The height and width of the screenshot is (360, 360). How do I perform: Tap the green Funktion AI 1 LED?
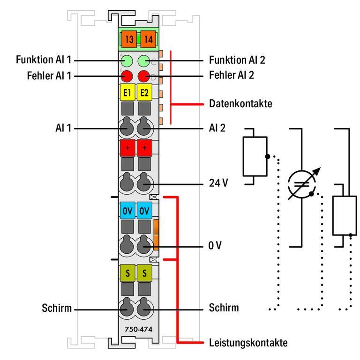[128, 60]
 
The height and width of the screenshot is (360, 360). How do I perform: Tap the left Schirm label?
[56, 309]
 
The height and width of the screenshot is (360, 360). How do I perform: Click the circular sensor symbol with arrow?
[301, 185]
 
